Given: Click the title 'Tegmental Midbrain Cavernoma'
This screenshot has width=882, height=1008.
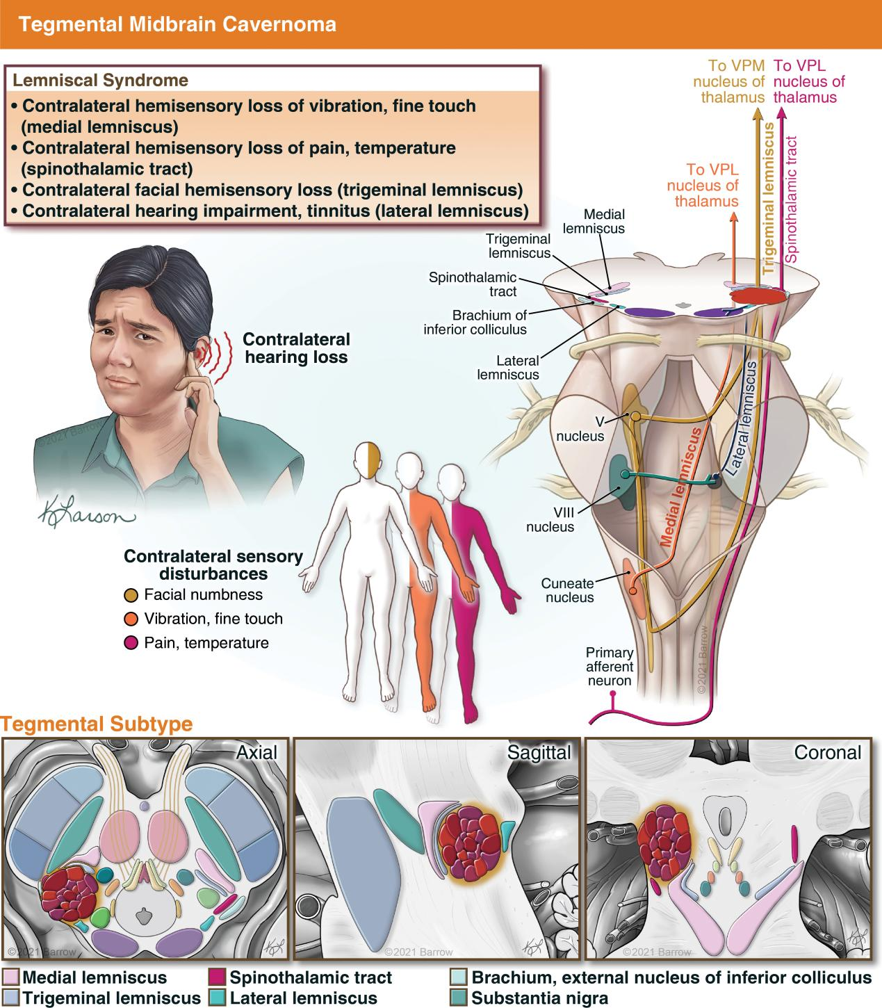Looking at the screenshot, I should click(177, 24).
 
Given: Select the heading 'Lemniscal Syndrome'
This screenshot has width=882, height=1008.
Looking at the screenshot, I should click(100, 80).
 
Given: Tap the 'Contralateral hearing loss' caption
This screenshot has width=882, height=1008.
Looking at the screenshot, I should click(296, 348).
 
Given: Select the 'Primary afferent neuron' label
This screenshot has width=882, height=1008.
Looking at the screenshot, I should click(610, 667).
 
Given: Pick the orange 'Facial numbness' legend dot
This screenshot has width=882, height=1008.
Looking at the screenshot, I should click(132, 595).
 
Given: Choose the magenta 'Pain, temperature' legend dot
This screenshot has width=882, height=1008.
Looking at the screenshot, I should click(132, 643).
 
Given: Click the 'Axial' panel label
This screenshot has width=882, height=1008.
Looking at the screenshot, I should click(256, 752).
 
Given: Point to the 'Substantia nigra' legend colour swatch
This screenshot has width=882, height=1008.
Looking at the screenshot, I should click(459, 998).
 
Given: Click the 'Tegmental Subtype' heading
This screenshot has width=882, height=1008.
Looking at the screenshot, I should click(97, 724).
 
